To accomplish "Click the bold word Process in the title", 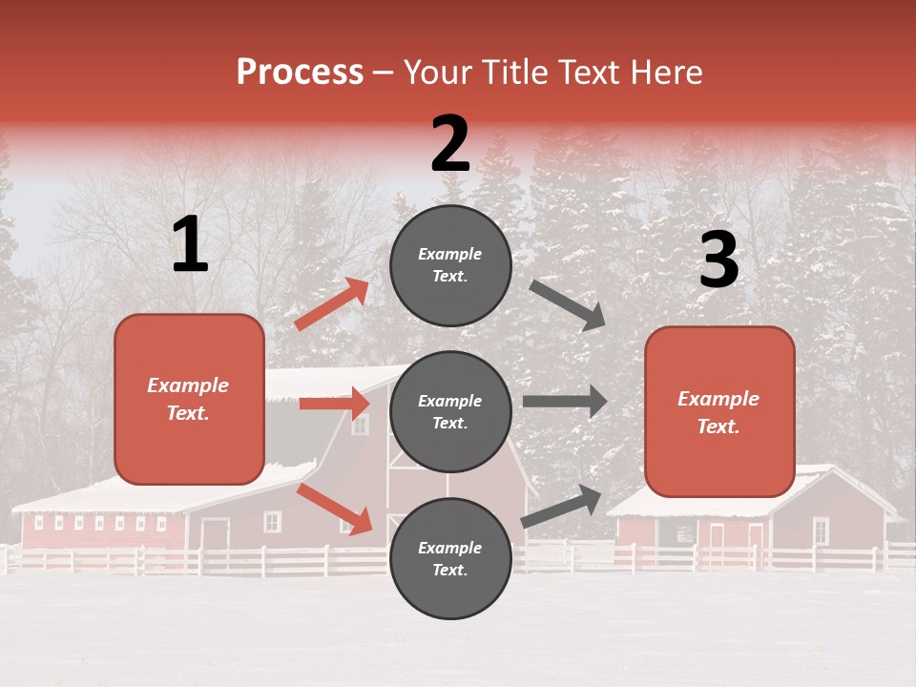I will pyautogui.click(x=300, y=73).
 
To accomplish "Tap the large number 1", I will pyautogui.click(x=190, y=245).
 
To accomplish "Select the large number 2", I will pyautogui.click(x=450, y=144).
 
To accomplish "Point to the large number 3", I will pyautogui.click(x=718, y=260).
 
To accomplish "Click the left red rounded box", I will pyautogui.click(x=189, y=399).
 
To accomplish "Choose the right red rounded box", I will pyautogui.click(x=719, y=412).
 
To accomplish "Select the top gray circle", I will pyautogui.click(x=450, y=265).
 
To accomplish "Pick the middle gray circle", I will pyautogui.click(x=450, y=411).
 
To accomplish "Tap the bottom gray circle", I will pyautogui.click(x=450, y=558).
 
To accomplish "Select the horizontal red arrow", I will pyautogui.click(x=334, y=404).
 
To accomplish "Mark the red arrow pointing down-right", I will pyautogui.click(x=335, y=509).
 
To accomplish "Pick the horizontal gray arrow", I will pyautogui.click(x=564, y=402).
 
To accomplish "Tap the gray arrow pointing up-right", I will pyautogui.click(x=561, y=507).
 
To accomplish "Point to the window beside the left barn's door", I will pyautogui.click(x=273, y=522).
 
